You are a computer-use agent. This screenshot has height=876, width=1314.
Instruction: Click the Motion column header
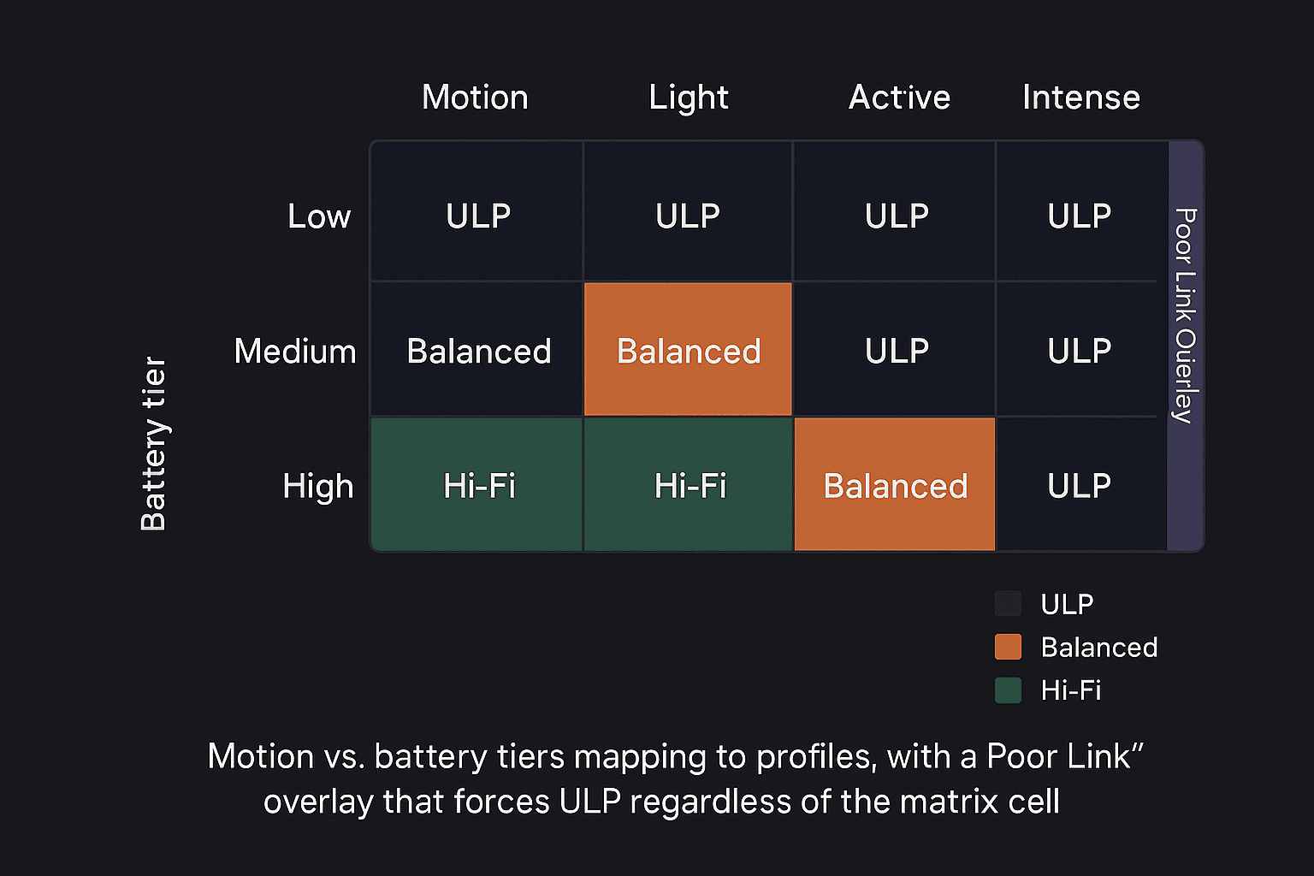pyautogui.click(x=475, y=97)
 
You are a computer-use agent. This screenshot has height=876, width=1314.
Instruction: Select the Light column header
pyautogui.click(x=688, y=98)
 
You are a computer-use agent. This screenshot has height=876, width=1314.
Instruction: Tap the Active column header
pyautogui.click(x=899, y=97)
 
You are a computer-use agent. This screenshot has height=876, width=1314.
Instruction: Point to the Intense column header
pyautogui.click(x=1081, y=97)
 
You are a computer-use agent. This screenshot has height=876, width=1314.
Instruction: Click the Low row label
pyautogui.click(x=319, y=216)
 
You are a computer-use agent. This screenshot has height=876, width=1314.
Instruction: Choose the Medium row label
pyautogui.click(x=295, y=351)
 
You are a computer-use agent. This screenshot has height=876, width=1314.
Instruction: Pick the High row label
pyautogui.click(x=318, y=487)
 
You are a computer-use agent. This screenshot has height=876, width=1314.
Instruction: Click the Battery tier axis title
pyautogui.click(x=154, y=444)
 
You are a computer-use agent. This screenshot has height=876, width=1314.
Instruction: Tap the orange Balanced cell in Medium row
pyautogui.click(x=688, y=349)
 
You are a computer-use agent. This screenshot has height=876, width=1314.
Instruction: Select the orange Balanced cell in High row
pyautogui.click(x=895, y=484)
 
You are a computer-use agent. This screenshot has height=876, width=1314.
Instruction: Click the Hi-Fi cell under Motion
pyautogui.click(x=476, y=484)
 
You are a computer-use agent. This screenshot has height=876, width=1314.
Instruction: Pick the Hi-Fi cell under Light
pyautogui.click(x=688, y=484)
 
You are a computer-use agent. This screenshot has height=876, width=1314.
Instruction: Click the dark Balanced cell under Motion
pyautogui.click(x=476, y=349)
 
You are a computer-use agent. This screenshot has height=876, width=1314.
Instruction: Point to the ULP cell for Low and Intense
pyautogui.click(x=1082, y=211)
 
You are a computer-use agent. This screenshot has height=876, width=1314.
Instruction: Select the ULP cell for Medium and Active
pyautogui.click(x=895, y=349)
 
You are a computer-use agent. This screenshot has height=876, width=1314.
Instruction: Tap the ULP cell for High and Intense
pyautogui.click(x=1082, y=484)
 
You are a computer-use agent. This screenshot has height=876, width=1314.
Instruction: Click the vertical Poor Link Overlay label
pyautogui.click(x=1186, y=316)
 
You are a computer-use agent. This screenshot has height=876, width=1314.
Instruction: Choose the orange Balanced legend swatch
pyautogui.click(x=1008, y=647)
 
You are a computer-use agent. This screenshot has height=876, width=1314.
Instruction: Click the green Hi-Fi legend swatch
pyautogui.click(x=1008, y=690)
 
